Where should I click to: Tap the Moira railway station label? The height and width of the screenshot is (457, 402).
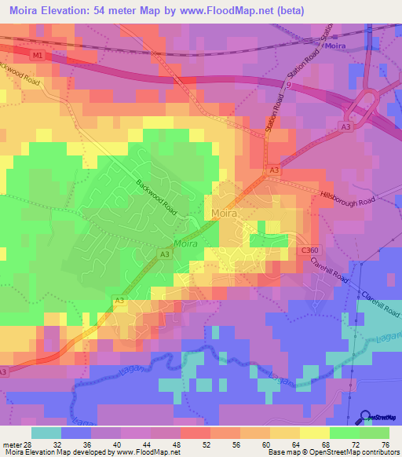point(336,47)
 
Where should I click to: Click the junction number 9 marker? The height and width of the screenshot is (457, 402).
point(288,84)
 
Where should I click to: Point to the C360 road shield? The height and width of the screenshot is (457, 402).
point(309,250)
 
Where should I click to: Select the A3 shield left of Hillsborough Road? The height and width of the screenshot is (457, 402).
point(274,170)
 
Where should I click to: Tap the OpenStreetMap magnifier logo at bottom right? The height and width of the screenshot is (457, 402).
point(367,416)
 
